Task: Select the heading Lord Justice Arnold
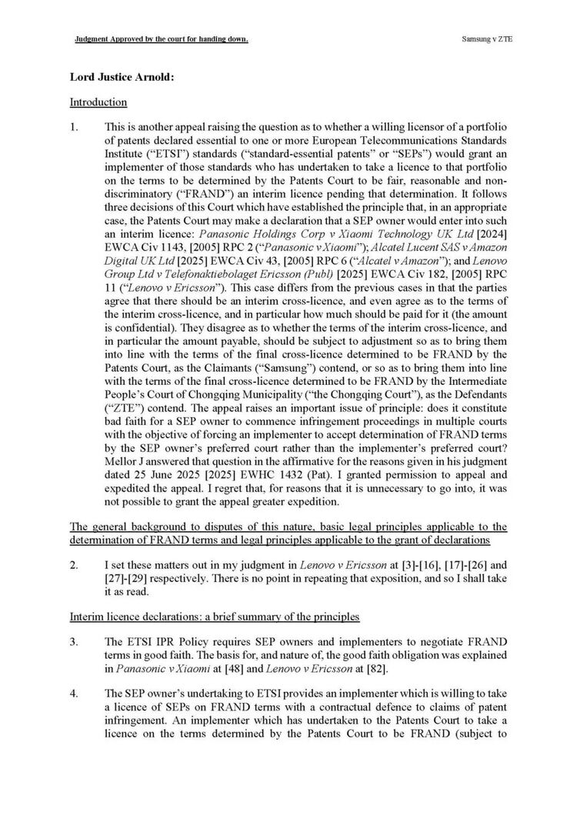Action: [x=112, y=78]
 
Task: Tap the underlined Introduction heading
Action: [x=98, y=102]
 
